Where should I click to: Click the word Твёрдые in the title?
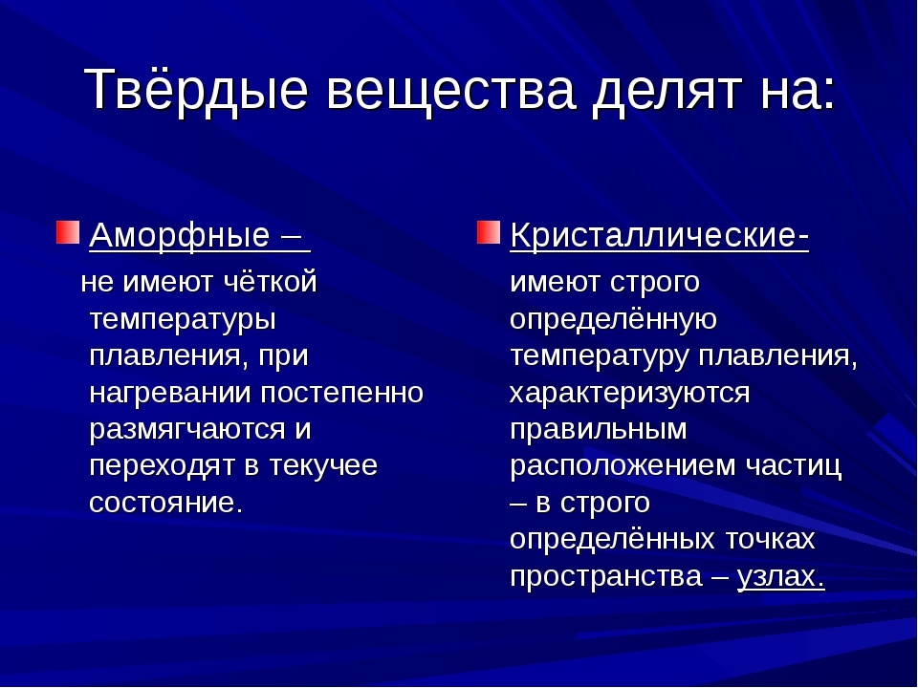pyautogui.click(x=196, y=88)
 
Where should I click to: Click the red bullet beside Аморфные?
pyautogui.click(x=68, y=232)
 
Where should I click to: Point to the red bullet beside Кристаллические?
pyautogui.click(x=489, y=232)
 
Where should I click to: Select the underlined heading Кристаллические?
pyautogui.click(x=659, y=236)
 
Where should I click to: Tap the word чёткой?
pyautogui.click(x=271, y=281)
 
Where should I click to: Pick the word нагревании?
pyautogui.click(x=170, y=393)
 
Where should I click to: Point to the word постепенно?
pyautogui.click(x=341, y=393)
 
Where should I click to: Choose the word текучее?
pyautogui.click(x=323, y=466)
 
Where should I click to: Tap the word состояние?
pyautogui.click(x=165, y=504)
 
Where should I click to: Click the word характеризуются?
pyautogui.click(x=630, y=393)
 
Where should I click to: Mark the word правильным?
pyautogui.click(x=599, y=430)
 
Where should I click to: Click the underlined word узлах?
pyautogui.click(x=781, y=576)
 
